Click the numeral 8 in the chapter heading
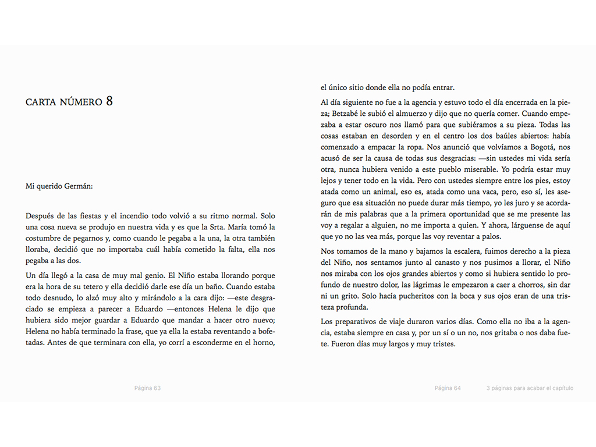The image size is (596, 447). [109, 101]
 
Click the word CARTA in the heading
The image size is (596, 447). [41, 102]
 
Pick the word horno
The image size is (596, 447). [263, 343]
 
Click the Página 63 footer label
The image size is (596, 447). [147, 388]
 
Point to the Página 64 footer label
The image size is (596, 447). [448, 388]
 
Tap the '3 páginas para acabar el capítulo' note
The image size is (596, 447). [530, 388]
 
